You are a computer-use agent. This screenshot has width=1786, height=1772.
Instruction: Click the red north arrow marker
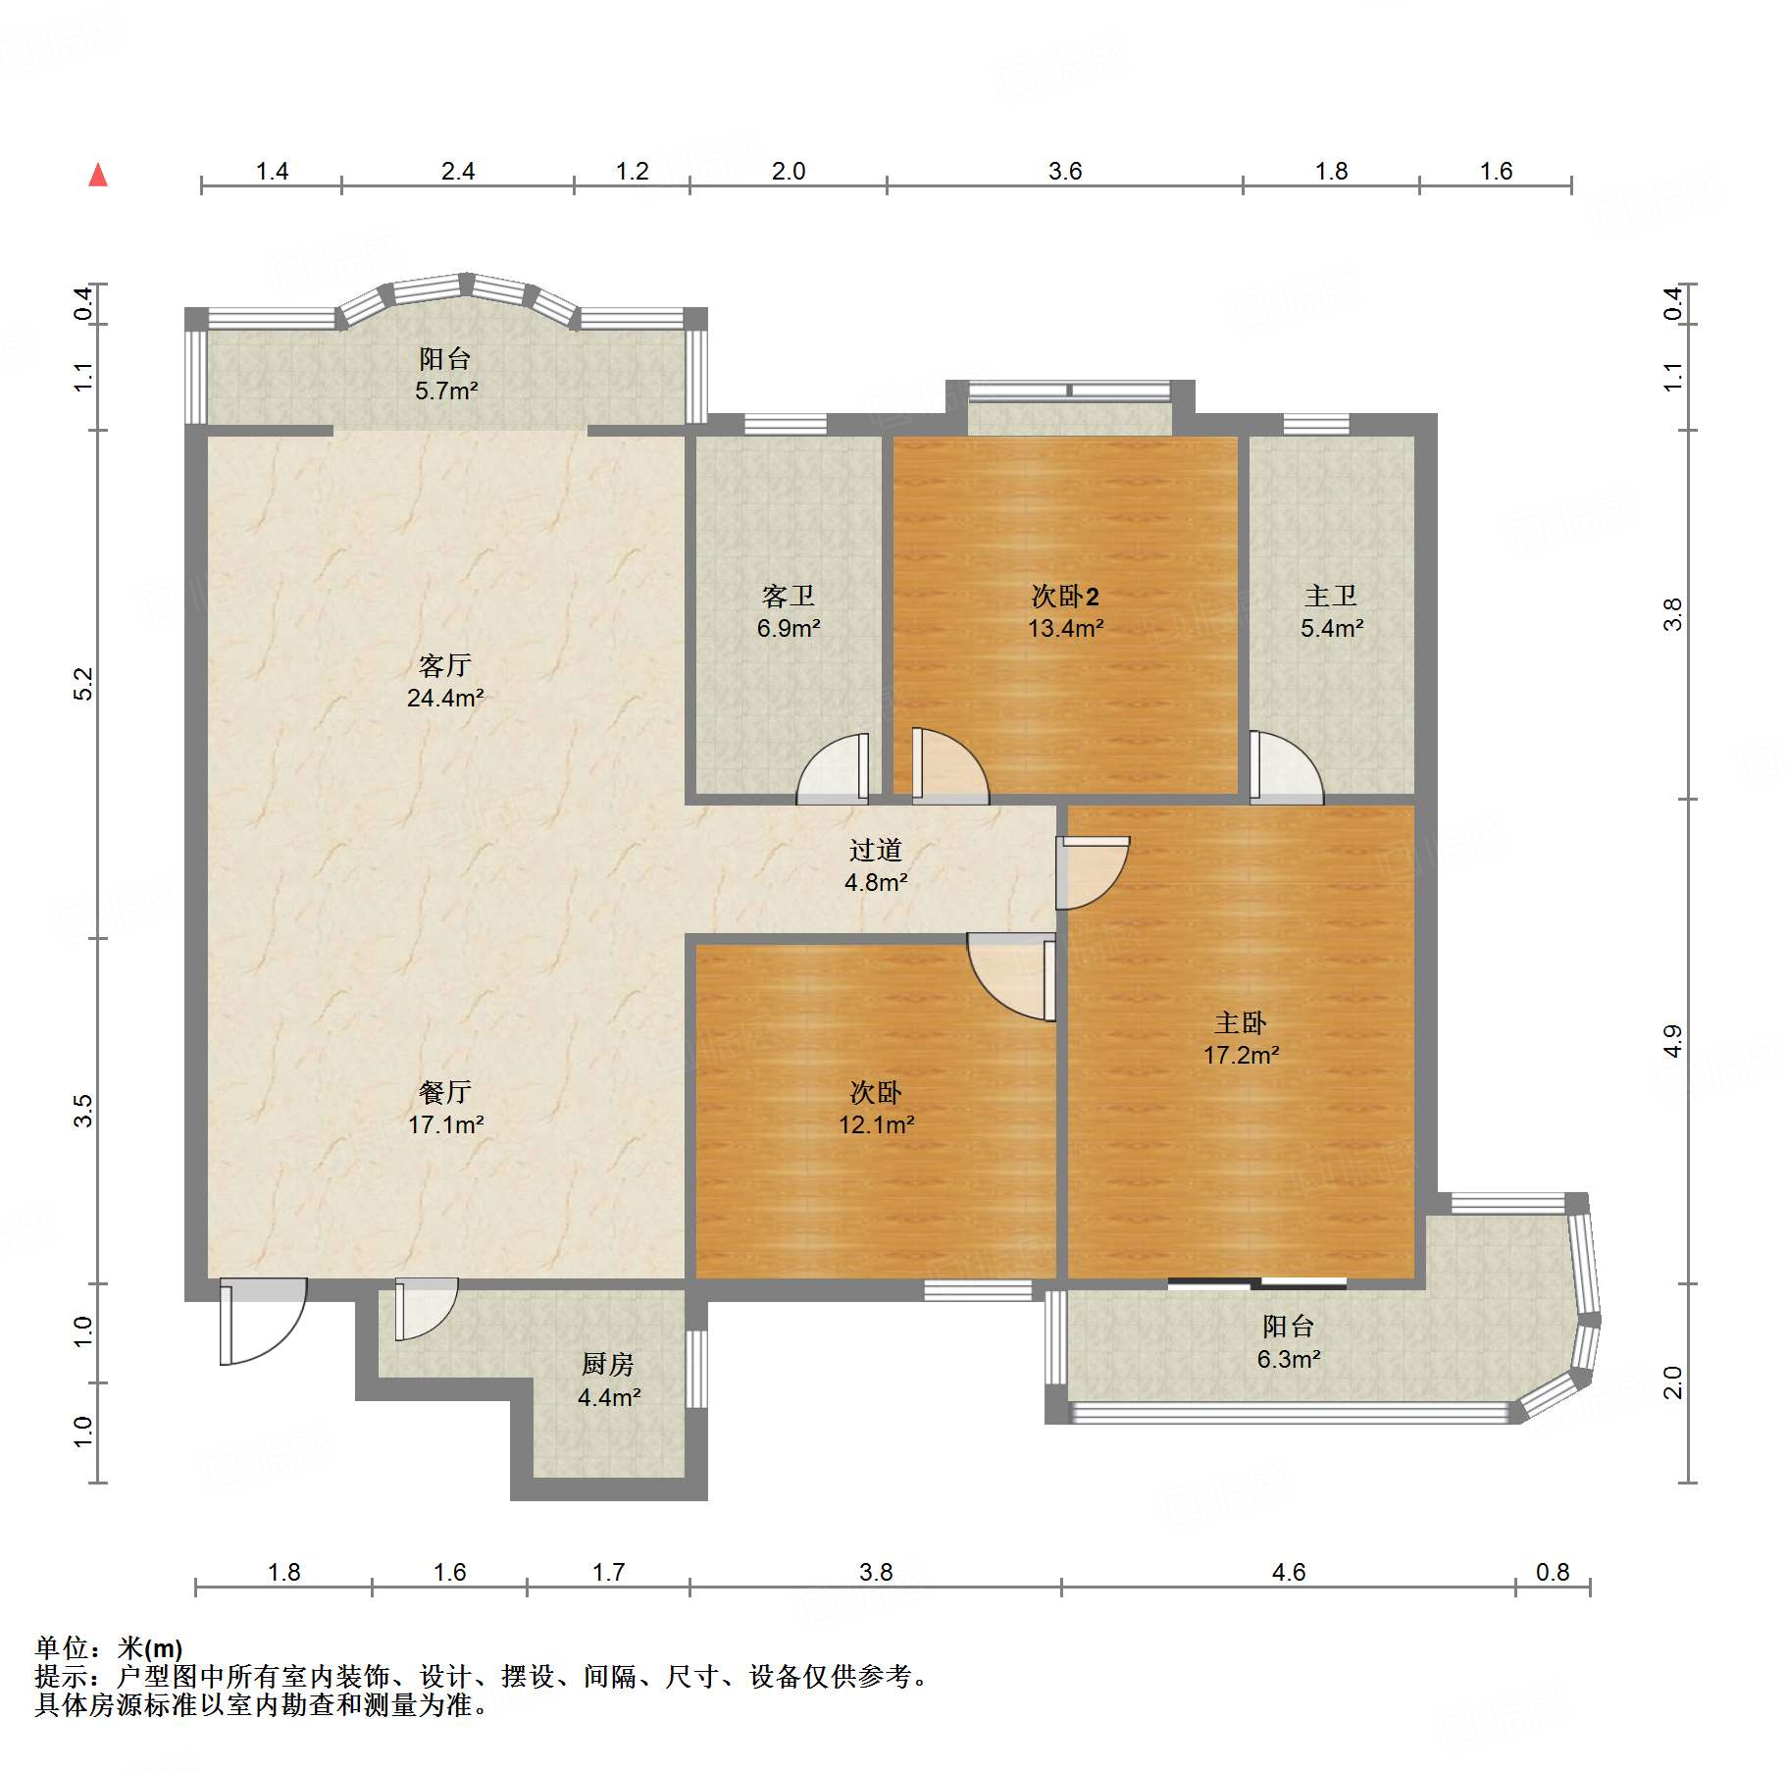point(98,175)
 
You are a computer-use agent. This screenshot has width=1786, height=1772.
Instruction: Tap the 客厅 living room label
point(445,666)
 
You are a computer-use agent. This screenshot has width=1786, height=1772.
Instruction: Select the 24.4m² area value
point(445,699)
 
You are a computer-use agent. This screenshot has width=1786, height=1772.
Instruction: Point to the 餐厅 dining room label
point(445,1092)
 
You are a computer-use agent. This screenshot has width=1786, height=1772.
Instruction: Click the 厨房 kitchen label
point(608,1364)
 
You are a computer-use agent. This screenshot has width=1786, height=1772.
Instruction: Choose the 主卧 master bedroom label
point(1241,1023)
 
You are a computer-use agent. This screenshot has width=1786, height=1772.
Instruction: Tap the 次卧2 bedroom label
point(1065,596)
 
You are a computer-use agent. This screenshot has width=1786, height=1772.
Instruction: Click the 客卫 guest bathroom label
point(789,596)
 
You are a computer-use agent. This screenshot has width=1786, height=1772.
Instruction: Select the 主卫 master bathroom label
point(1331,596)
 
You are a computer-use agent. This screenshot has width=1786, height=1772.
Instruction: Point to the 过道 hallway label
point(876,850)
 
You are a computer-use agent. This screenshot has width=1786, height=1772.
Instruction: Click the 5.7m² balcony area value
point(446,391)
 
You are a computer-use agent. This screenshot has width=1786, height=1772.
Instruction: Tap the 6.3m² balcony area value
point(1289,1359)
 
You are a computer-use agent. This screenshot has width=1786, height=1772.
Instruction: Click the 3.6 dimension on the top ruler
point(1065,172)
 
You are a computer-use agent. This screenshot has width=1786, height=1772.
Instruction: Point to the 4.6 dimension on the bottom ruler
point(1289,1573)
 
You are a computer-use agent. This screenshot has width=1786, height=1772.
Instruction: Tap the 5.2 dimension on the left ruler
point(83,684)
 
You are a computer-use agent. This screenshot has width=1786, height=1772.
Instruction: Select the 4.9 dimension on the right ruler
point(1673,1041)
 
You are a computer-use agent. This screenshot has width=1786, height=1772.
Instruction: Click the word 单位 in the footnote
point(62,1647)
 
